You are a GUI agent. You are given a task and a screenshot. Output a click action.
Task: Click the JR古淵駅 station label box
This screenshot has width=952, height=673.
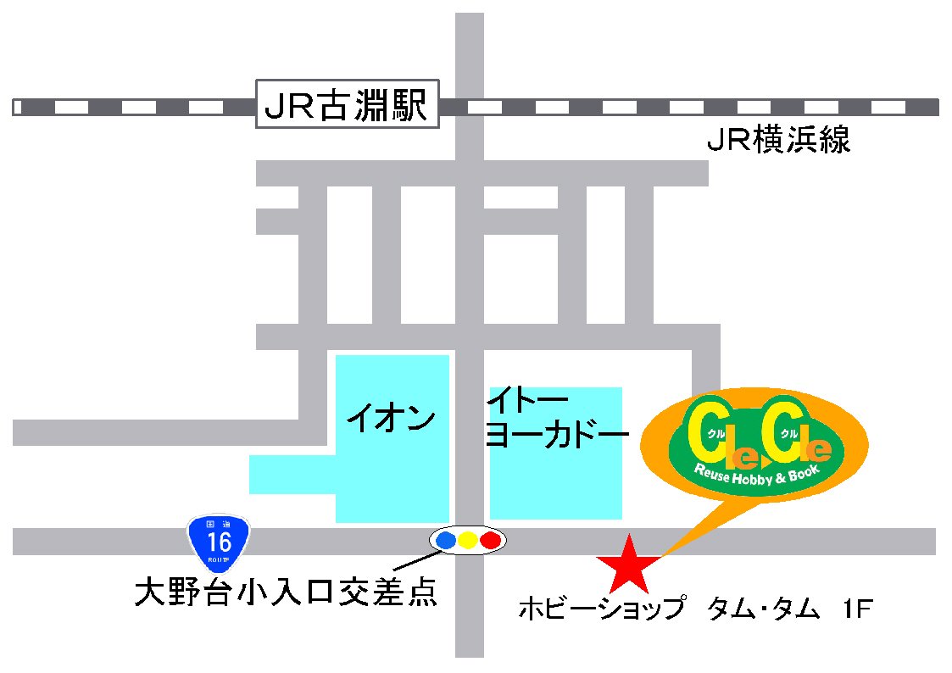point(348,105)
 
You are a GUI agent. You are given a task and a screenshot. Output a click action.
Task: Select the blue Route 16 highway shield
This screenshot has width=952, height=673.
point(219,542)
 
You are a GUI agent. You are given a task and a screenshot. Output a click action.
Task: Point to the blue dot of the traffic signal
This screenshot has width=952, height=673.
point(445,539)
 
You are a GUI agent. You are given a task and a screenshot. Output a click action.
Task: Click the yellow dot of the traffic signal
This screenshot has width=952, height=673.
point(467,539)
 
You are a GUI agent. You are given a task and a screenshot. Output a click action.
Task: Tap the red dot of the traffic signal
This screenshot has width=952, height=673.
point(490,539)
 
